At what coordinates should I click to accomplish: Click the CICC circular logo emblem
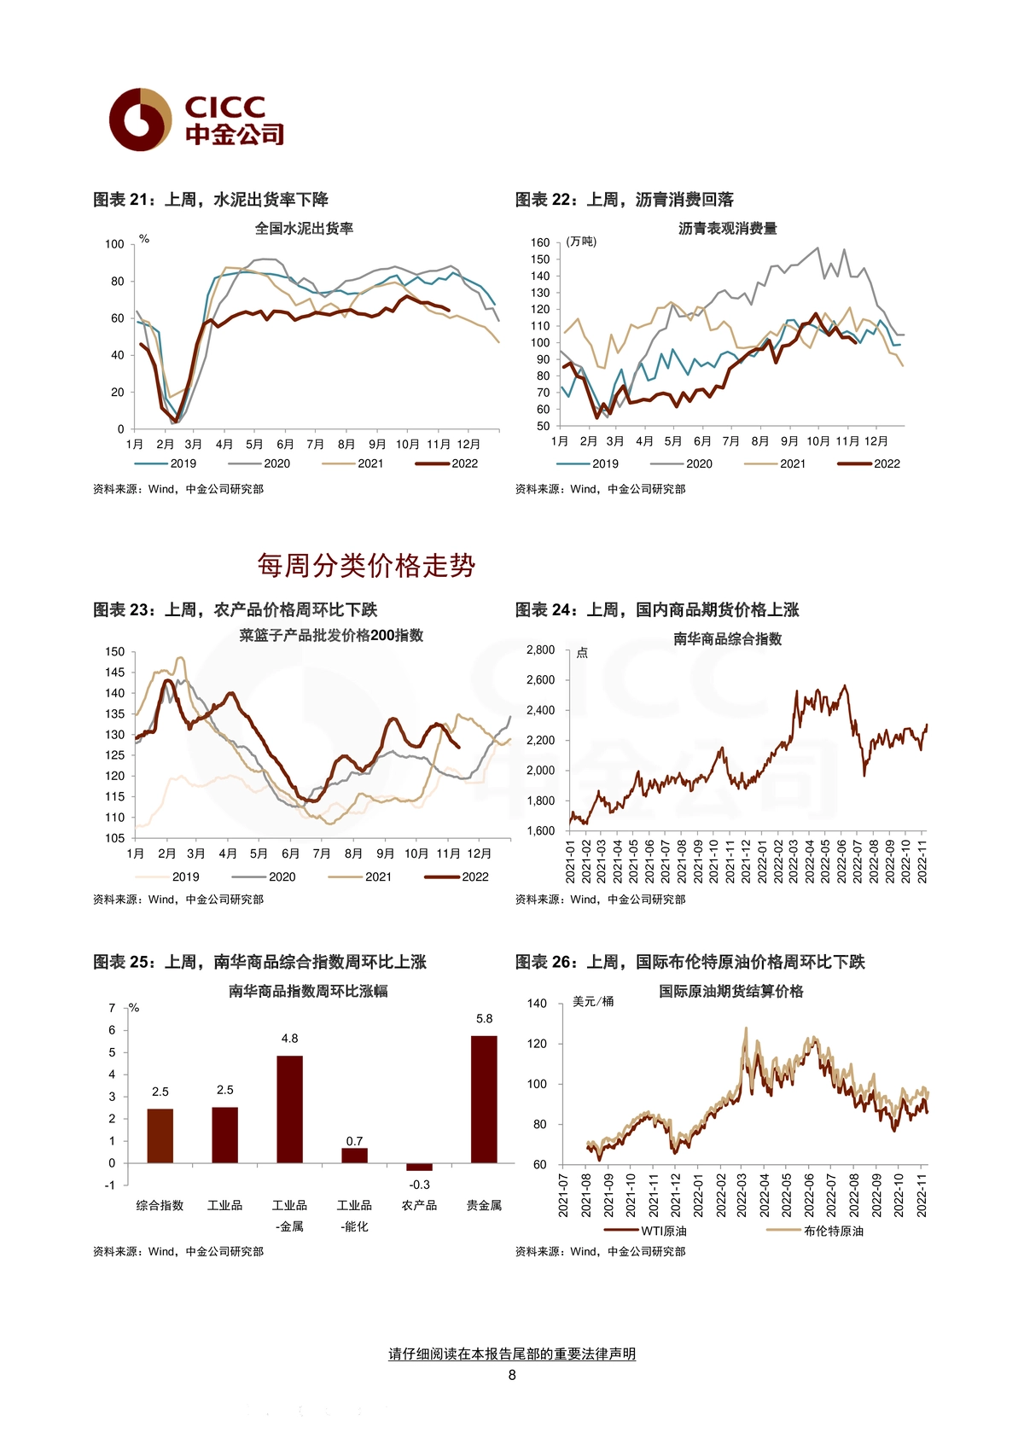coord(140,119)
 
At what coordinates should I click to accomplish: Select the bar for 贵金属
coord(484,1099)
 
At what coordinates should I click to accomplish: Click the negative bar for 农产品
coord(419,1167)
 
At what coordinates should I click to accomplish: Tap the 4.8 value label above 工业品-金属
coord(289,1039)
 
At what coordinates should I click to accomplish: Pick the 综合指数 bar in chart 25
coord(160,1136)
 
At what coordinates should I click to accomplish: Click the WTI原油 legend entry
coord(644,1231)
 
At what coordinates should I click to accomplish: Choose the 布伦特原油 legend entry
coord(815,1231)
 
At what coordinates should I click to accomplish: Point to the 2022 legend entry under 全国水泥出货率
coord(446,463)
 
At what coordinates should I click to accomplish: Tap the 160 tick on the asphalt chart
coord(540,242)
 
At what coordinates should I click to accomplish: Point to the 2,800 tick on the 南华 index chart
coord(540,650)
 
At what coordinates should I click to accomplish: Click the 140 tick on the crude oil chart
coord(537,1004)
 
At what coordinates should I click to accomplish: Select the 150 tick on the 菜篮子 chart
coord(114,652)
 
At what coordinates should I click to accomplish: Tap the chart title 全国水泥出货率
coord(305,228)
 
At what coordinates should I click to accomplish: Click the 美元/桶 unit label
coord(593,1001)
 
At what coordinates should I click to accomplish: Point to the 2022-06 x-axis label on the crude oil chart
coord(808,1195)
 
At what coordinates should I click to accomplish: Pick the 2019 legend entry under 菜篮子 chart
coord(167,876)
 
